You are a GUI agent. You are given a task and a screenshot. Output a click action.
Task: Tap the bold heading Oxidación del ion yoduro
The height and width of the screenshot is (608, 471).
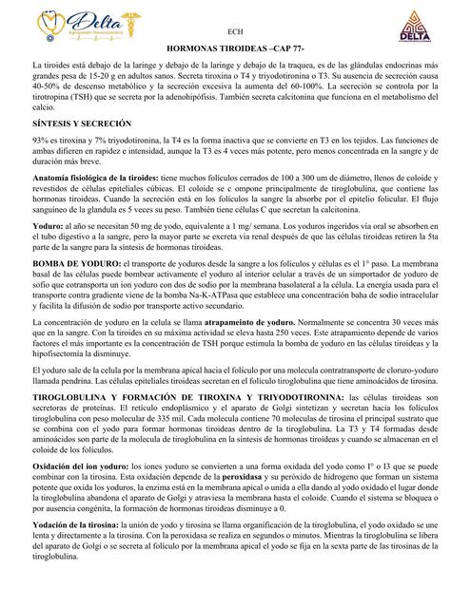(x=80, y=468)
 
